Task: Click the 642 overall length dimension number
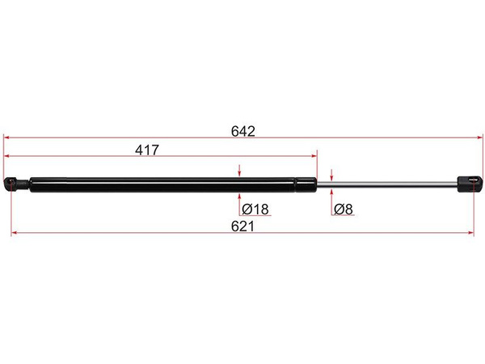tap(243, 131)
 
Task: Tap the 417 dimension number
tap(147, 150)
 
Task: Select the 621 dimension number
tap(242, 226)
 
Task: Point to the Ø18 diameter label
tap(255, 209)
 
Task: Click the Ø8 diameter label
tap(344, 209)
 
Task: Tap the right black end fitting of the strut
tap(470, 184)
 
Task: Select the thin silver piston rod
tap(387, 184)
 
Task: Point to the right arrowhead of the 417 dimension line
tap(314, 155)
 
